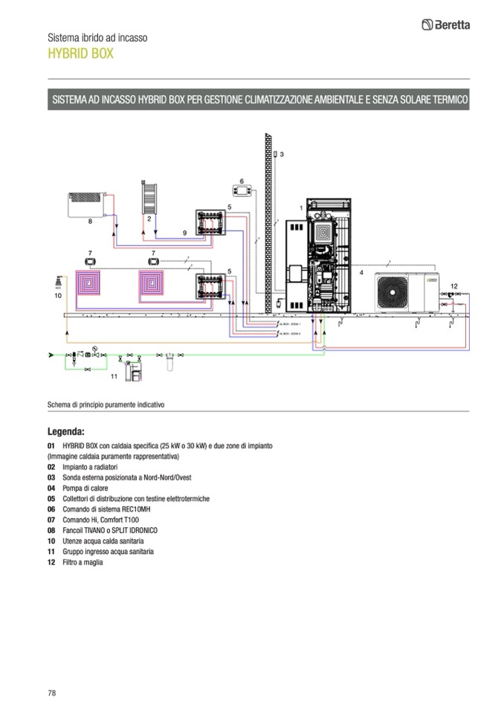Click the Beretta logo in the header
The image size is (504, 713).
point(445,25)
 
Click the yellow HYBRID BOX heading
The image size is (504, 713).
point(81,54)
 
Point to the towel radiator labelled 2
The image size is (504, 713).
point(149,199)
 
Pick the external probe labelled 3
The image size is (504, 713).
point(275,155)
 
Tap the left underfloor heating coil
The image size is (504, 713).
point(92,285)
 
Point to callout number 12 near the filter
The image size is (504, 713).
point(454,285)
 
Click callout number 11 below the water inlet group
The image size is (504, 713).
point(114,377)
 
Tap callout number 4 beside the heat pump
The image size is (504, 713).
point(362,273)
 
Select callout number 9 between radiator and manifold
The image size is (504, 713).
point(184,233)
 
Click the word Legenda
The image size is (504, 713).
point(66,430)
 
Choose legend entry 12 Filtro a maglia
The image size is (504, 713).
point(75,562)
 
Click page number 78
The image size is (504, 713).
point(52,693)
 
